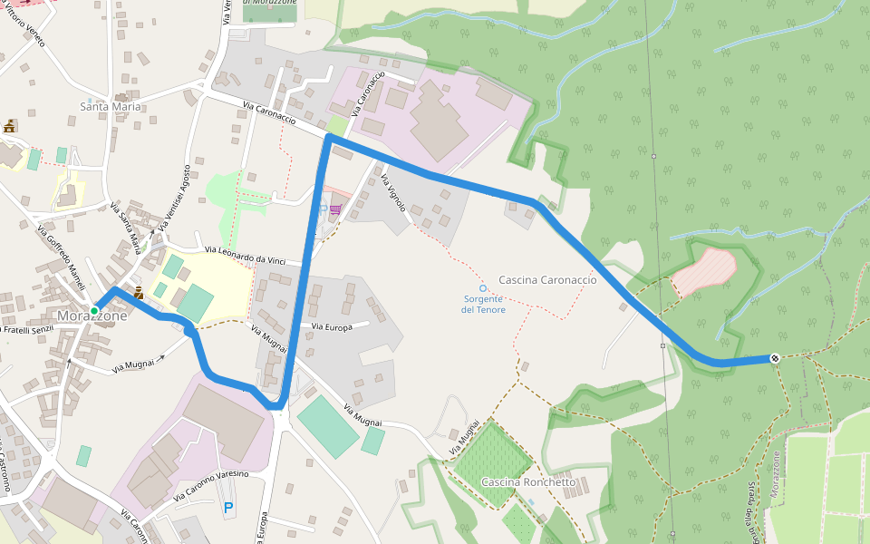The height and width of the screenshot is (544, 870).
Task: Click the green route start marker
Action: click(x=94, y=311)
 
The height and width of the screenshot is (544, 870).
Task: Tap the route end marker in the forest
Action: click(x=775, y=358)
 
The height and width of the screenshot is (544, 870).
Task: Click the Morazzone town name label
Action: click(x=92, y=316)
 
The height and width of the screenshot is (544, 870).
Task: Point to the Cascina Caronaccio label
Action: click(x=547, y=280)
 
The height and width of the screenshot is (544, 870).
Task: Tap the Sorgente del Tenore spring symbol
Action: click(x=483, y=288)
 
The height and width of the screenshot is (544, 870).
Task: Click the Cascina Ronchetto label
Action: click(x=528, y=482)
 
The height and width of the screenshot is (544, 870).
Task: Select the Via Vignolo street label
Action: click(x=394, y=192)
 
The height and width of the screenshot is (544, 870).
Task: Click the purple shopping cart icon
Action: click(x=336, y=210)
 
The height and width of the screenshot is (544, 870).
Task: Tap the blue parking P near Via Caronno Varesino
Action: click(x=228, y=509)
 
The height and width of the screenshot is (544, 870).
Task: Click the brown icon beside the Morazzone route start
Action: click(x=139, y=292)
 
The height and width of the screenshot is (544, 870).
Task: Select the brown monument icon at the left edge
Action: click(x=9, y=126)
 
